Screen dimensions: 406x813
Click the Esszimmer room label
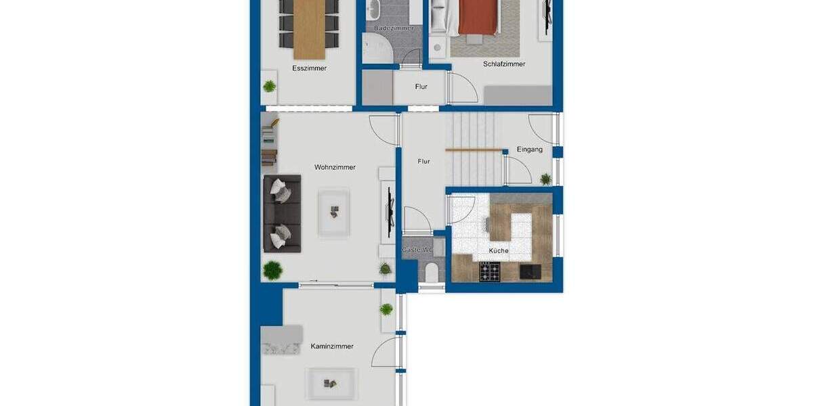(x=309, y=68)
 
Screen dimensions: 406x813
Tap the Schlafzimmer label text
(x=504, y=64)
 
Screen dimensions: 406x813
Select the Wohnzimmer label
(x=335, y=167)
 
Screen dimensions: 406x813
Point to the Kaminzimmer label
(x=332, y=346)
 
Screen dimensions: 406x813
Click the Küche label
(x=499, y=250)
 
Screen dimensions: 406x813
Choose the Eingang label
(x=529, y=150)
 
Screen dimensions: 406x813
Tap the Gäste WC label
(x=417, y=250)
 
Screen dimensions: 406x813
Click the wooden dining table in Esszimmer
(x=310, y=27)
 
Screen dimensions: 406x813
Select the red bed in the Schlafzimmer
(x=479, y=17)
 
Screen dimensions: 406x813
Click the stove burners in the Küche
(x=490, y=272)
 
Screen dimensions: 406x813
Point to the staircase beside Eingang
(x=474, y=149)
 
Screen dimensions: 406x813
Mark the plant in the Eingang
(x=545, y=179)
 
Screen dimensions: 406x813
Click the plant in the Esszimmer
(x=270, y=86)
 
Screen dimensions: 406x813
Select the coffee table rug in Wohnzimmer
(x=334, y=212)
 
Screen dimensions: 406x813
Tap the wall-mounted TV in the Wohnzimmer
(x=390, y=212)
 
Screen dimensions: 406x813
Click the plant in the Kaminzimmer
(x=386, y=310)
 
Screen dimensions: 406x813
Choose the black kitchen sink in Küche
(x=530, y=271)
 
